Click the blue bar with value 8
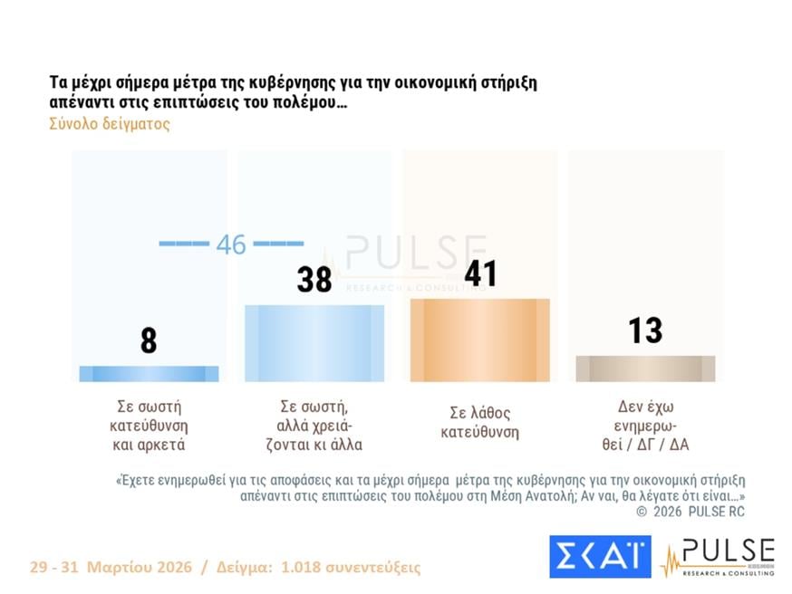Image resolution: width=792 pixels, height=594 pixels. pos(149,374)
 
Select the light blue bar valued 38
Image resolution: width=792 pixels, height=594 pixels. pos(314,343)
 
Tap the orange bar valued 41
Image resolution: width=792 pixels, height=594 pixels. pos(479,340)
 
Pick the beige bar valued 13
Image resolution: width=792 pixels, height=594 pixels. pos(645,369)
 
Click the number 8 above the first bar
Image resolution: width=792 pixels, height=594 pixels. pos(149,340)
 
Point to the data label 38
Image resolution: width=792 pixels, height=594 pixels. pos(314,280)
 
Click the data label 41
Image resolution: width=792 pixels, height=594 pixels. pos(480,273)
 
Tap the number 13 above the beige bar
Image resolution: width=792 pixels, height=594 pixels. pos(645,331)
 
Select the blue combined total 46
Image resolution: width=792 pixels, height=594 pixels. pos(231,244)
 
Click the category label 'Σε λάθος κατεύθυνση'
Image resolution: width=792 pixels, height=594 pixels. pos(479,423)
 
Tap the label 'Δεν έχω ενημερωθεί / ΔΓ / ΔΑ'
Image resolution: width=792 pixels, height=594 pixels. pos(645,426)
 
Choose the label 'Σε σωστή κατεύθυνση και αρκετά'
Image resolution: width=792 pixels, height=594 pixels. pos(149,426)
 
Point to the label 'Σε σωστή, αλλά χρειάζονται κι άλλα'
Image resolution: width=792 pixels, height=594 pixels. pos(314,426)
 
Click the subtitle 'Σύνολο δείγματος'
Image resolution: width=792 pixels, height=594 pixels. pos(110,124)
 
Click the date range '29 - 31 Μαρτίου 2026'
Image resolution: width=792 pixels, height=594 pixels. pos(110,568)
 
